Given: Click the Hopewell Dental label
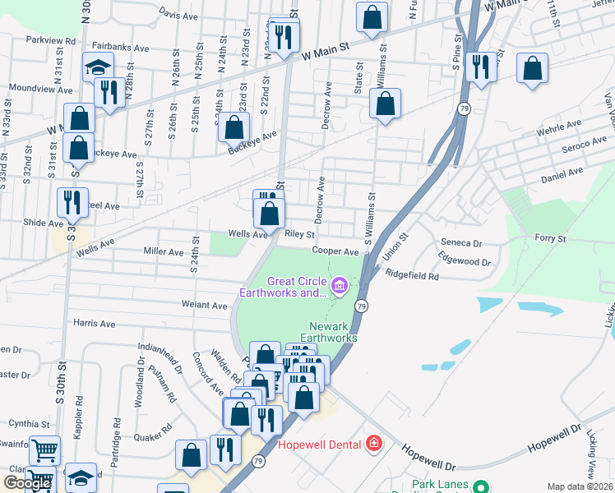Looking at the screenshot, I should tap(320, 445).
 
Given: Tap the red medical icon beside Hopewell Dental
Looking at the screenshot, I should tap(374, 444).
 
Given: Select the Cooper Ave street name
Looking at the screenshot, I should tap(335, 251).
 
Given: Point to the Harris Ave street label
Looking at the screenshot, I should tap(94, 324).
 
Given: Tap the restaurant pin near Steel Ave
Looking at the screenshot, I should tap(72, 200).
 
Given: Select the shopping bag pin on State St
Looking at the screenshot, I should tap(385, 103).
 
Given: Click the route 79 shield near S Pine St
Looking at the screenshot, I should tap(465, 108).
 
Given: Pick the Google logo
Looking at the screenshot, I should tap(27, 483).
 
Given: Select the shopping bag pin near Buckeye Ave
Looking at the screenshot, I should tap(234, 128).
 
